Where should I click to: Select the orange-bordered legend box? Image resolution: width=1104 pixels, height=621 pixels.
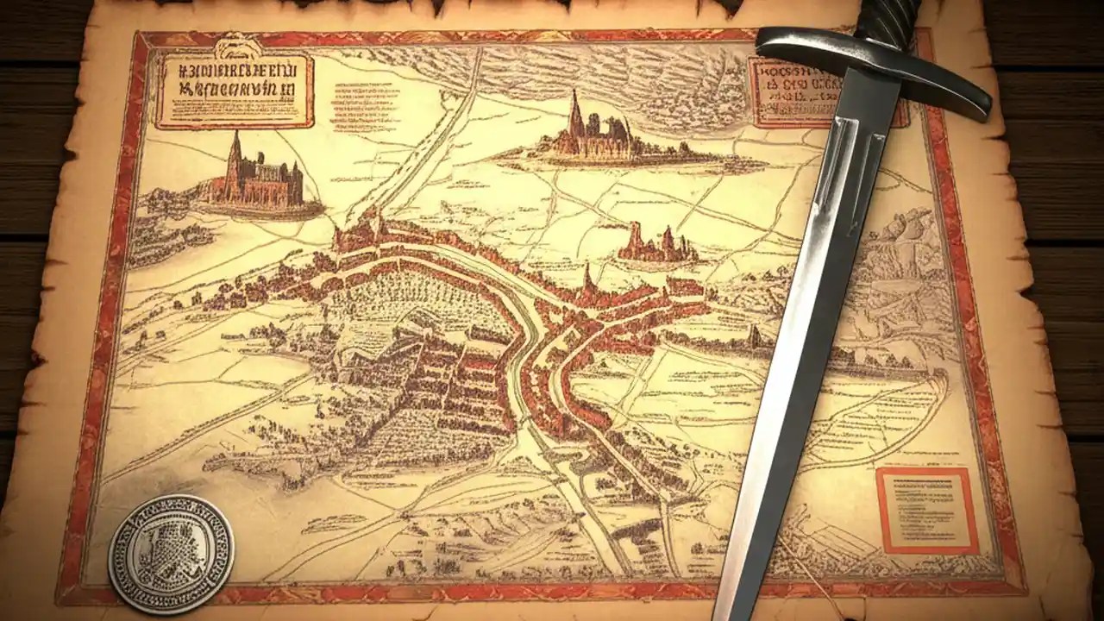pyautogui.click(x=927, y=511)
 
